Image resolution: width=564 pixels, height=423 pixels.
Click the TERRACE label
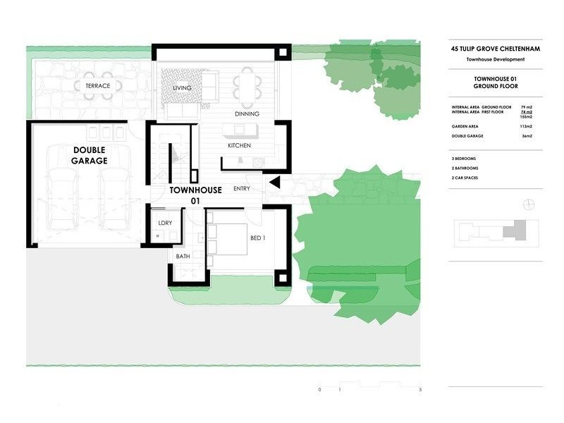[98, 86]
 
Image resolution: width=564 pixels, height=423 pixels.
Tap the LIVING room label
[183, 88]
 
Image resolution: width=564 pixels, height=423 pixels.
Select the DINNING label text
[247, 114]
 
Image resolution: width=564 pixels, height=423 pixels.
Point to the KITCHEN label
[239, 145]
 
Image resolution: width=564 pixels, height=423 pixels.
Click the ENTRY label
[241, 188]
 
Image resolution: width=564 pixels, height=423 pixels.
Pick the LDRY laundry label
[166, 223]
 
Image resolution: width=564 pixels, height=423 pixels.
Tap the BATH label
[183, 256]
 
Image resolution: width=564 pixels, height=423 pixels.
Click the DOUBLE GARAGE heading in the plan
[89, 155]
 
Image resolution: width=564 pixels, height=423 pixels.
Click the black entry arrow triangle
[276, 183]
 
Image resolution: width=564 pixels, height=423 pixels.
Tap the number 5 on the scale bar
[421, 390]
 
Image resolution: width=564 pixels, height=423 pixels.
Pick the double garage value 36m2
[526, 135]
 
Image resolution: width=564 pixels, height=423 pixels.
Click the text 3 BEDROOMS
[465, 159]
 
